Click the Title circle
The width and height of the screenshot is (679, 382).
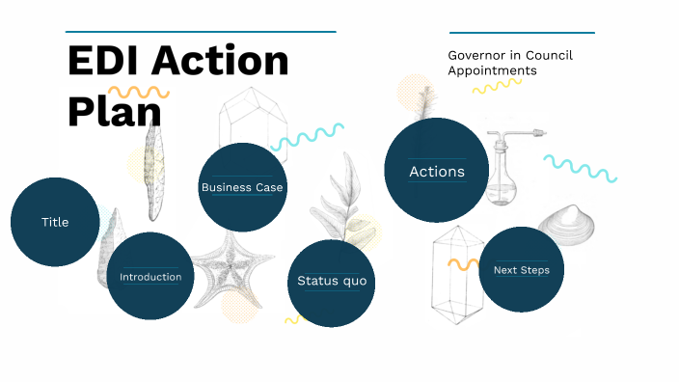pyautogui.click(x=55, y=222)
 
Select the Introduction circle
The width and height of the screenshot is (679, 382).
pyautogui.click(x=150, y=277)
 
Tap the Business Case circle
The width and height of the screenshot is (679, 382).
pyautogui.click(x=242, y=187)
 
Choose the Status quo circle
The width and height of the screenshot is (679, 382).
pyautogui.click(x=331, y=281)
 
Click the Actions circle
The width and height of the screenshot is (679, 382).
pyautogui.click(x=437, y=172)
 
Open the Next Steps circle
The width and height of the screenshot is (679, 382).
pyautogui.click(x=521, y=270)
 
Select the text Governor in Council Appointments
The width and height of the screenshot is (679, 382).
pyautogui.click(x=510, y=63)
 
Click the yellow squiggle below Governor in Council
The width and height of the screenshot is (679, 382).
pyautogui.click(x=497, y=86)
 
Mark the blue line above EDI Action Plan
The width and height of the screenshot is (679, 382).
pyautogui.click(x=201, y=32)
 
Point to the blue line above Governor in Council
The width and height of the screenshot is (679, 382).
pyautogui.click(x=522, y=32)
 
